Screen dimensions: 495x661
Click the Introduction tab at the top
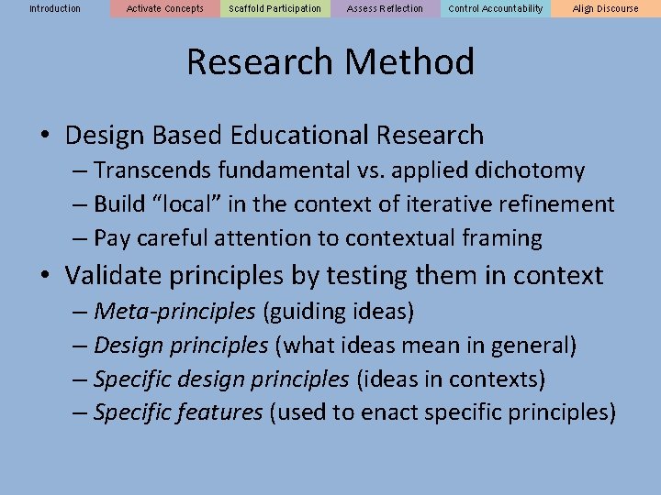tap(55, 8)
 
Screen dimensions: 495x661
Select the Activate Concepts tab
tap(165, 8)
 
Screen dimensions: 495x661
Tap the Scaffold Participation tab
tap(275, 8)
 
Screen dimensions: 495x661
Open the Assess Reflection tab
tap(386, 8)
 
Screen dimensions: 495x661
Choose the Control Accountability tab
tap(496, 8)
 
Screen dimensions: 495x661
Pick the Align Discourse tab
tap(606, 8)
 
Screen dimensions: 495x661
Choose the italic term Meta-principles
tap(174, 312)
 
